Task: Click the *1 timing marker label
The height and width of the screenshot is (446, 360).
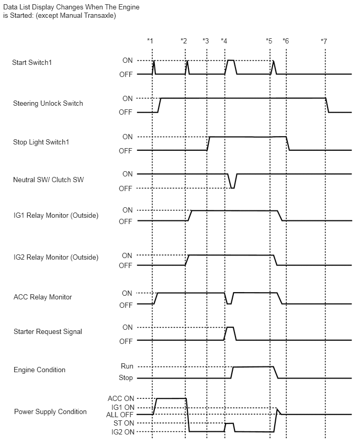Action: (x=150, y=41)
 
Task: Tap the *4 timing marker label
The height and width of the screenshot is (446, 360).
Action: (x=224, y=41)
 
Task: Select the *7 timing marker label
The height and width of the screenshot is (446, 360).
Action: (x=324, y=41)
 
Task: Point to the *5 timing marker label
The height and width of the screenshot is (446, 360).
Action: (x=269, y=41)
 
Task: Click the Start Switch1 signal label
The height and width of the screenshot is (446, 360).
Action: (x=32, y=63)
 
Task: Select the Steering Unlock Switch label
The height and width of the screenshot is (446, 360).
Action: (x=48, y=103)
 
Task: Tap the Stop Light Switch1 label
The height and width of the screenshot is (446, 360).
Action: (x=41, y=142)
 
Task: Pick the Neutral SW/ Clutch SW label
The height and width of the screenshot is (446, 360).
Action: (x=48, y=180)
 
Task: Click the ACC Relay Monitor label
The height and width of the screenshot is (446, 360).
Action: (x=43, y=297)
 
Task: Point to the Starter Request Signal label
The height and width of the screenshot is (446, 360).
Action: (x=48, y=332)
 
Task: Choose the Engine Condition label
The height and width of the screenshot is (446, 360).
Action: (x=40, y=370)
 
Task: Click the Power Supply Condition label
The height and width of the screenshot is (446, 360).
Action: (x=50, y=411)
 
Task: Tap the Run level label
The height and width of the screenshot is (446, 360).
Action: (x=127, y=366)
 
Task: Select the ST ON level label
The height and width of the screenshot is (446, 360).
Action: (x=123, y=423)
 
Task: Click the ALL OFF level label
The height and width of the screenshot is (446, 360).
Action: (x=119, y=415)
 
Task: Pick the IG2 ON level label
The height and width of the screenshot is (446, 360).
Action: (x=123, y=432)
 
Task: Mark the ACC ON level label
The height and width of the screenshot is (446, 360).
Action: (x=121, y=398)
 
